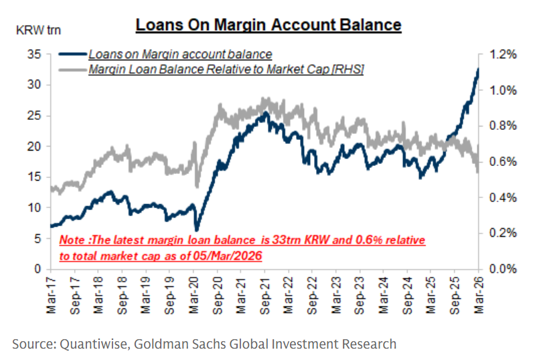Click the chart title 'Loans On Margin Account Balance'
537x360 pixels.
tap(268, 25)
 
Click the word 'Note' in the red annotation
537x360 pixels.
tap(72, 240)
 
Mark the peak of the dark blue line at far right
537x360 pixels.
tap(478, 68)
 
